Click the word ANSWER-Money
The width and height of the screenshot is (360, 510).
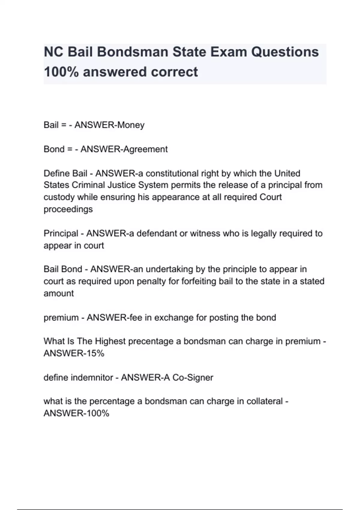click(109, 125)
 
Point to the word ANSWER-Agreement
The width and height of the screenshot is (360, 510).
click(124, 149)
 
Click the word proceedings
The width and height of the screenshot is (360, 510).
click(68, 209)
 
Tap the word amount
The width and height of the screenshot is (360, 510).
click(58, 293)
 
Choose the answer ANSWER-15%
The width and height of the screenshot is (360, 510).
click(74, 353)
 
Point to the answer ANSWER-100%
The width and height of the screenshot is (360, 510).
click(76, 413)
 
